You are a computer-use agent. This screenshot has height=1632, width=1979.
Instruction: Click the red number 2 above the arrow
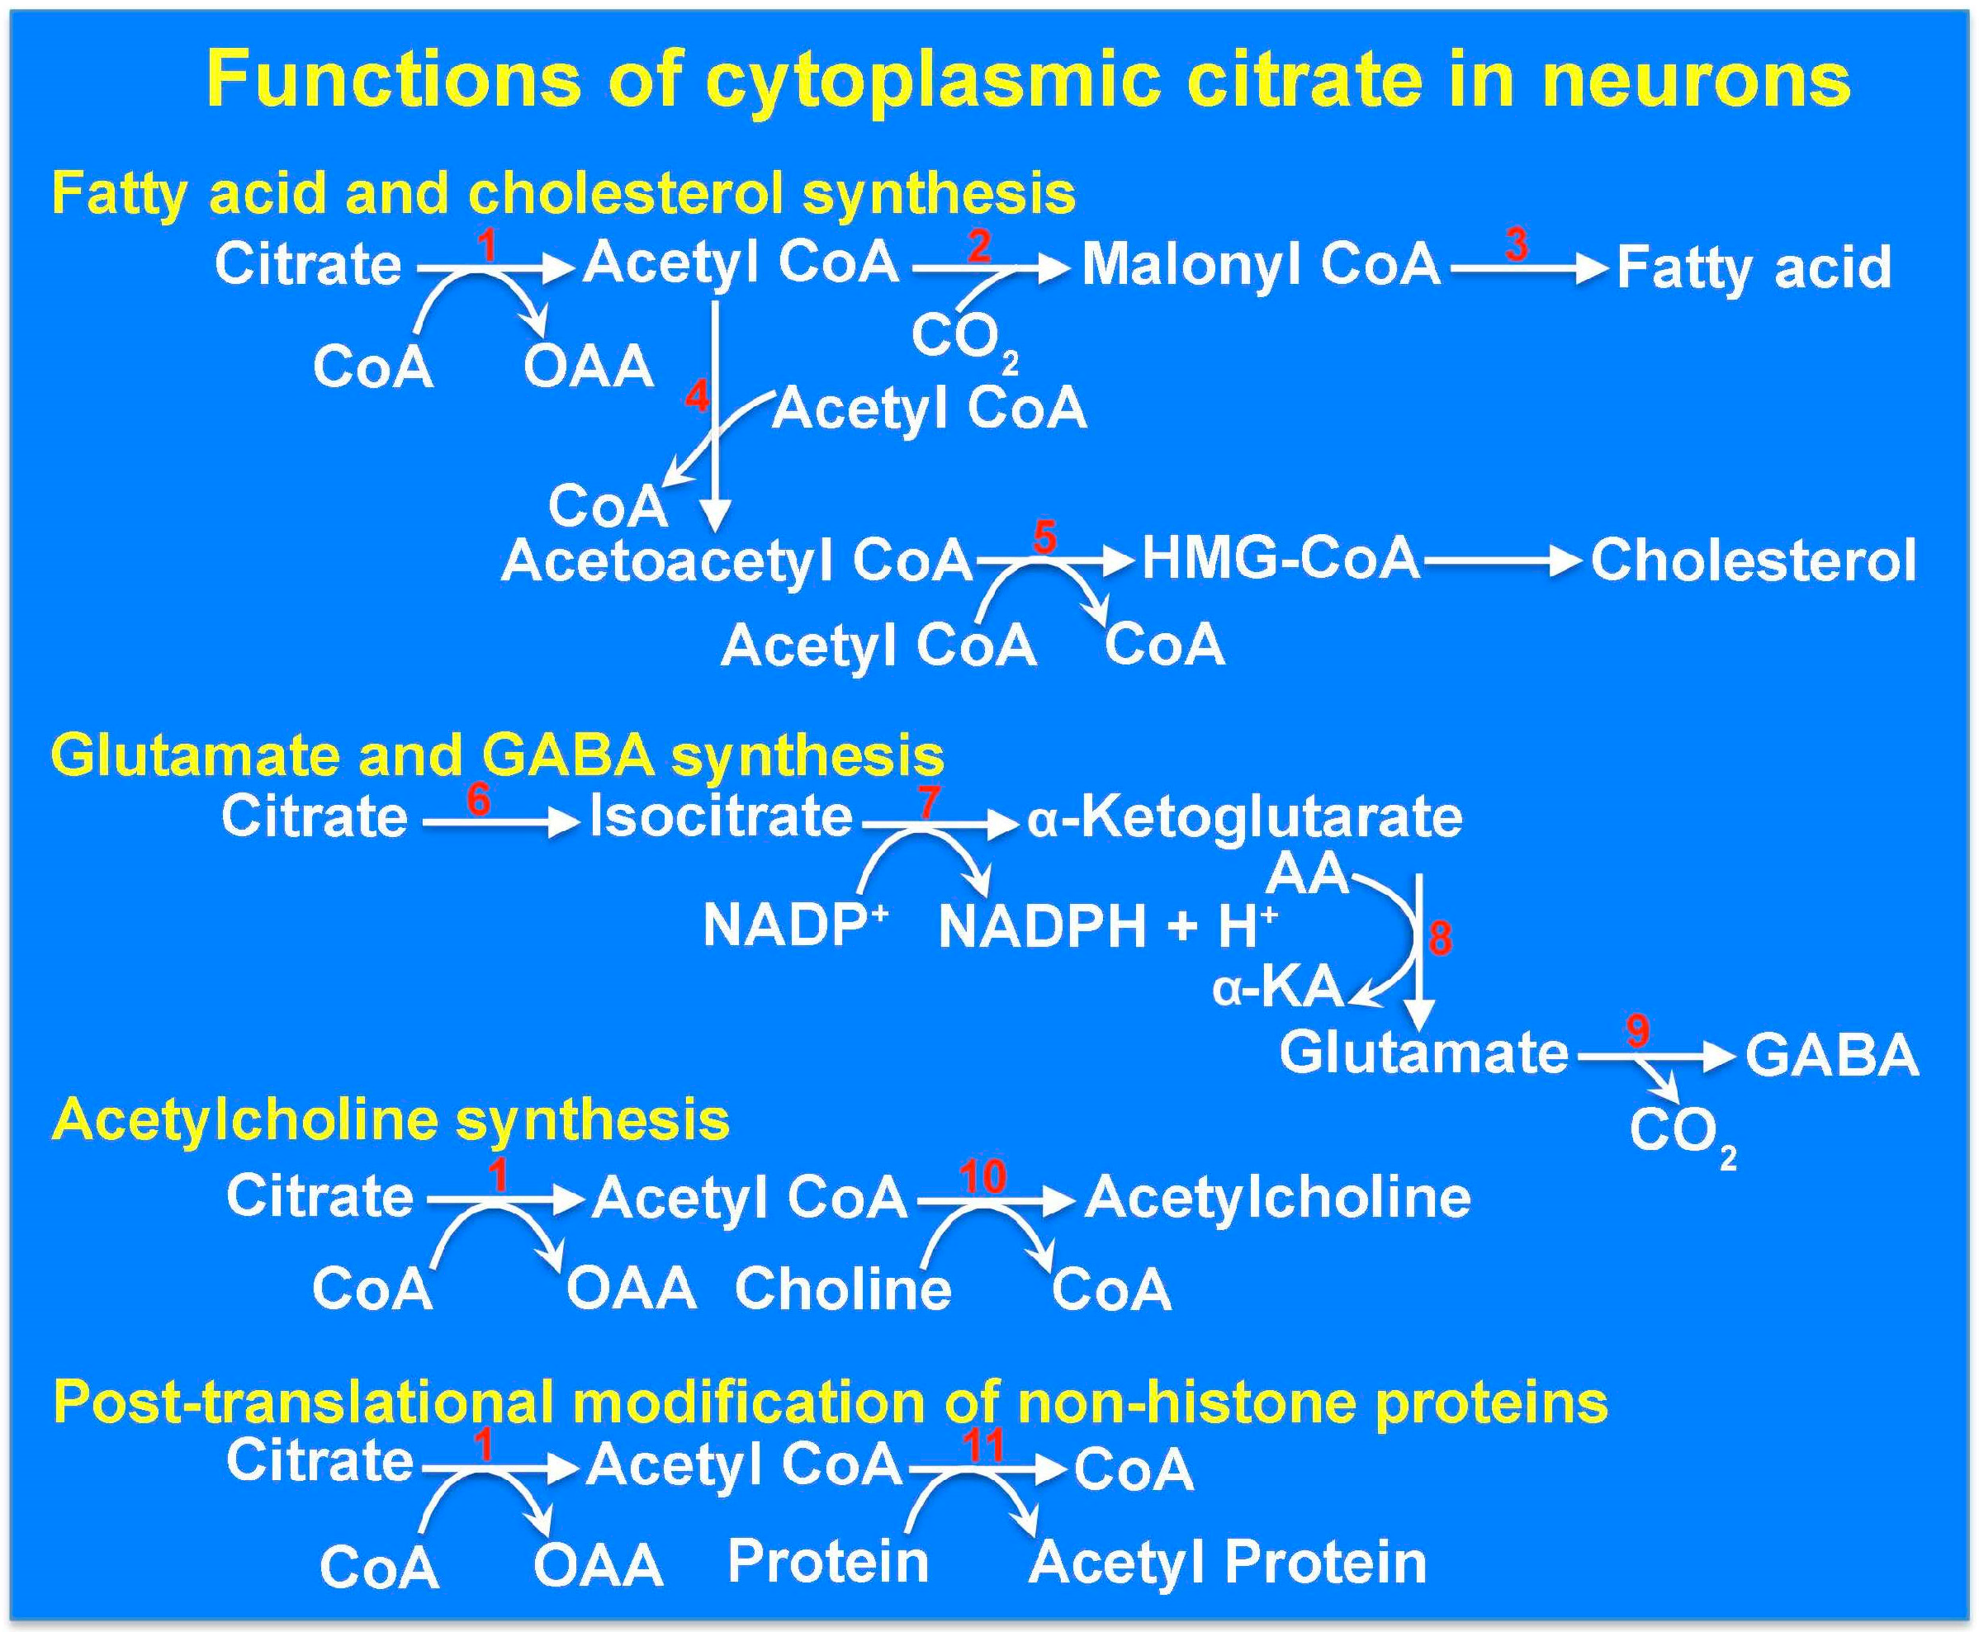coord(978,246)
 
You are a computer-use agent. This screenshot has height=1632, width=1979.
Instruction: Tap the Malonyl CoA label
coord(1261,264)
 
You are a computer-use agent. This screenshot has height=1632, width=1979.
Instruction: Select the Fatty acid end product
coord(1754,268)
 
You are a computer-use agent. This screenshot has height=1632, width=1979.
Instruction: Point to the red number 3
coord(1516,244)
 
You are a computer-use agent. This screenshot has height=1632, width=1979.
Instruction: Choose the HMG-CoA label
coord(1280,558)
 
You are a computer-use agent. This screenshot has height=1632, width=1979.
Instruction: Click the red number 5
coord(1044,537)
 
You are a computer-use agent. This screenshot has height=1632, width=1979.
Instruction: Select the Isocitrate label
coord(721,816)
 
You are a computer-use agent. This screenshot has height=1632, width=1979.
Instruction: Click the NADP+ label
coord(795,925)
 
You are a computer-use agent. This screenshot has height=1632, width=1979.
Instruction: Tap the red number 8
coord(1439,937)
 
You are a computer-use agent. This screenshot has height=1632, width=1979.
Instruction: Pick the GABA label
coord(1831,1055)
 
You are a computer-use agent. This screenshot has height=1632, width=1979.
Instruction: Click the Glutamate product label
coord(1423,1052)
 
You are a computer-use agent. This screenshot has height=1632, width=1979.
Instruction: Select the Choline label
coord(842,1288)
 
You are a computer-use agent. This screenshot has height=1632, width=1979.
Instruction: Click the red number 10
coord(982,1177)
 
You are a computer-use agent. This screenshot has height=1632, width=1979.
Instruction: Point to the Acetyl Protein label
coord(1228,1563)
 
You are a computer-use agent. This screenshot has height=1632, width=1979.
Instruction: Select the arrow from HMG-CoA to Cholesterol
coord(1503,561)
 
